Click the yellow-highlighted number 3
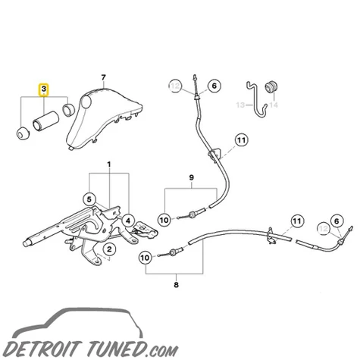click(44, 89)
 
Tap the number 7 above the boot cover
click(103, 77)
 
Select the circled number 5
click(89, 199)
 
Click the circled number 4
click(128, 221)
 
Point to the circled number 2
click(109, 249)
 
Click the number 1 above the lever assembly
click(109, 164)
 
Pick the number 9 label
click(191, 177)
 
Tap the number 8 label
click(176, 285)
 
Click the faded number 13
click(240, 105)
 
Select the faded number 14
click(274, 105)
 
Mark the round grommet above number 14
click(271, 87)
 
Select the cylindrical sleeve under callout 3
click(45, 121)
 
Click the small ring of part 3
click(68, 110)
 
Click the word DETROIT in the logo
click(43, 349)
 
